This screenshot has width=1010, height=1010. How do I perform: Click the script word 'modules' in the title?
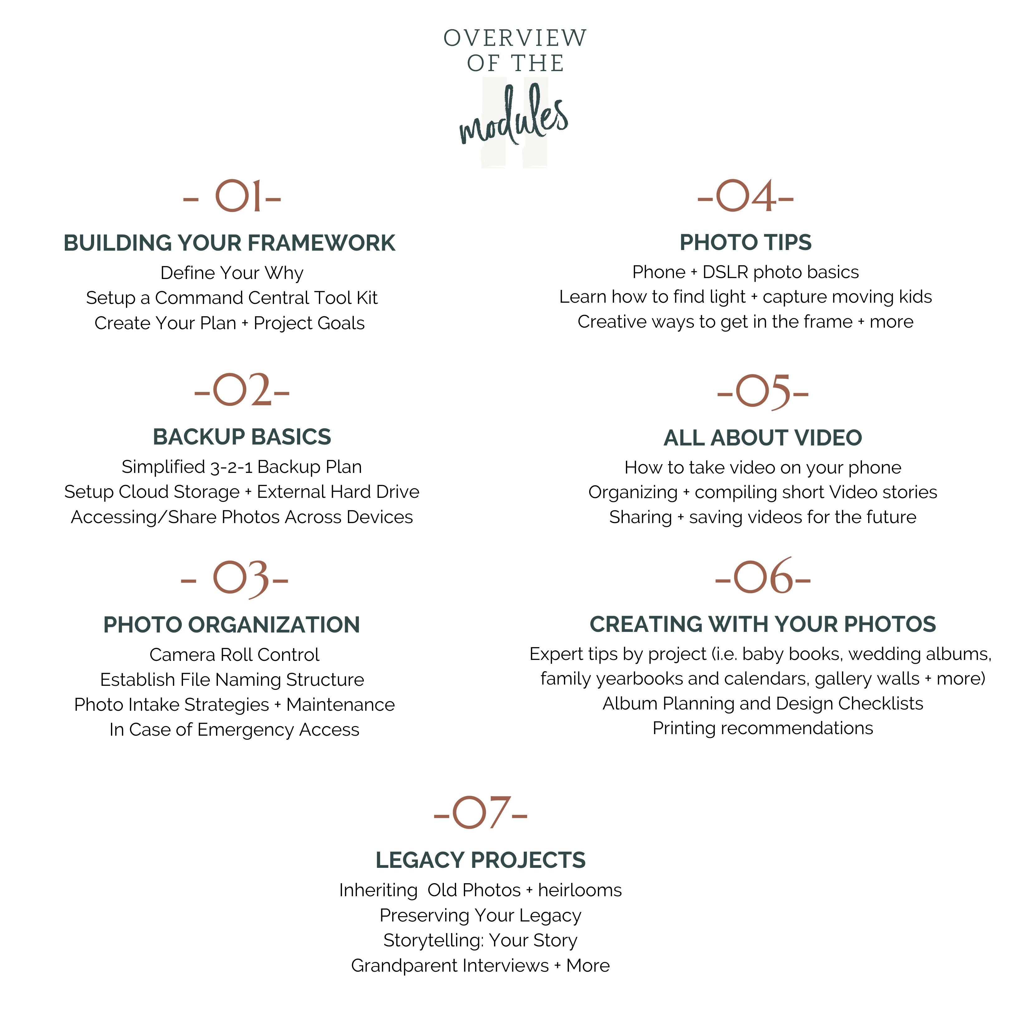point(514,118)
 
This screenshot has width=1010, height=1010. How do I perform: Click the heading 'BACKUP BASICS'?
point(242,437)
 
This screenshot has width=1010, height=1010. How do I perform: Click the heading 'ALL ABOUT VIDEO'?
point(763,438)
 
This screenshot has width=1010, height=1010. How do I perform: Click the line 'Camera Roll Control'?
point(234,655)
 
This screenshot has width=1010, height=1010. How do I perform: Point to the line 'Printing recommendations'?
point(763,728)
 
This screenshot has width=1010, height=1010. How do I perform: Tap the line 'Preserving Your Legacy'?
point(480,915)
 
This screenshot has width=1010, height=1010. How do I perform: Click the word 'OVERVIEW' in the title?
point(515,38)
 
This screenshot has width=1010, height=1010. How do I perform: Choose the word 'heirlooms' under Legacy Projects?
point(580,890)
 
